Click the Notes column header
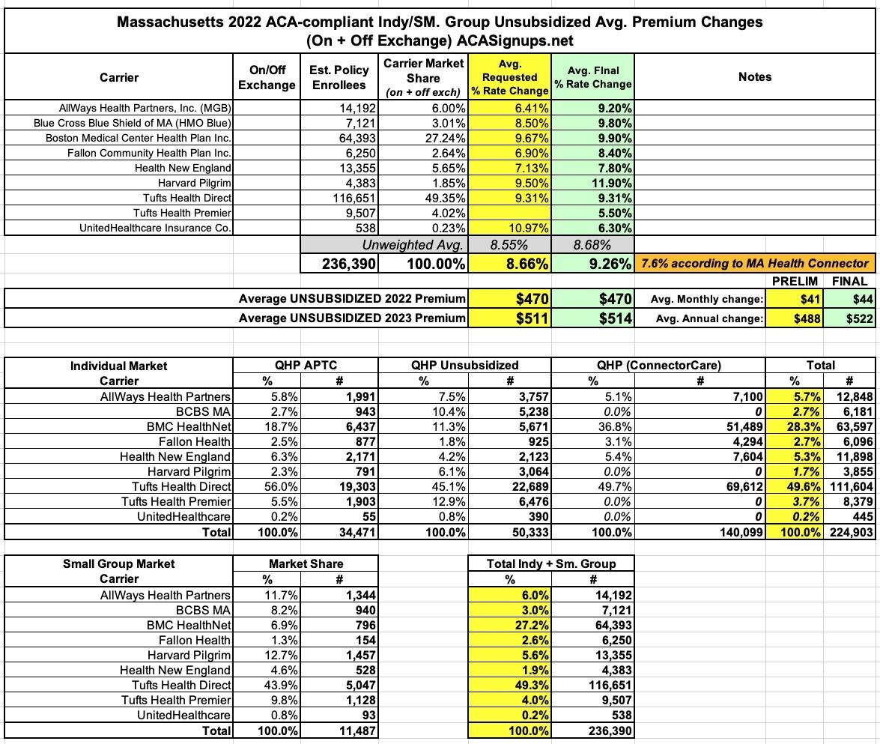[x=754, y=76]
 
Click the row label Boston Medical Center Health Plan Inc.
[x=139, y=138]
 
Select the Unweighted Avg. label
[x=413, y=245]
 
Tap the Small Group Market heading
[x=118, y=563]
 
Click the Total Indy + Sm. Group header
[x=550, y=563]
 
